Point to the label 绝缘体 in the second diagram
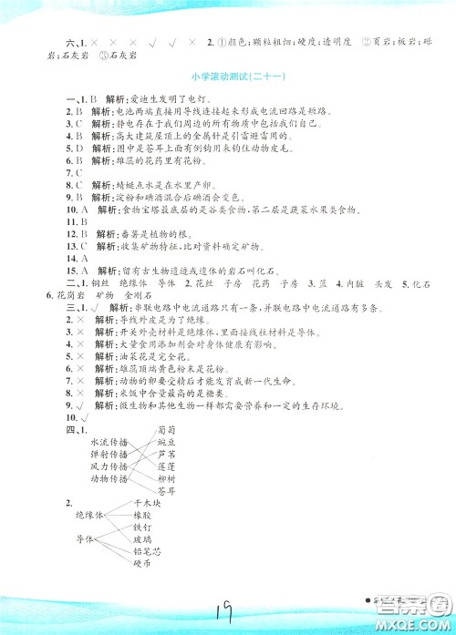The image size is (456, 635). pyautogui.click(x=91, y=515)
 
